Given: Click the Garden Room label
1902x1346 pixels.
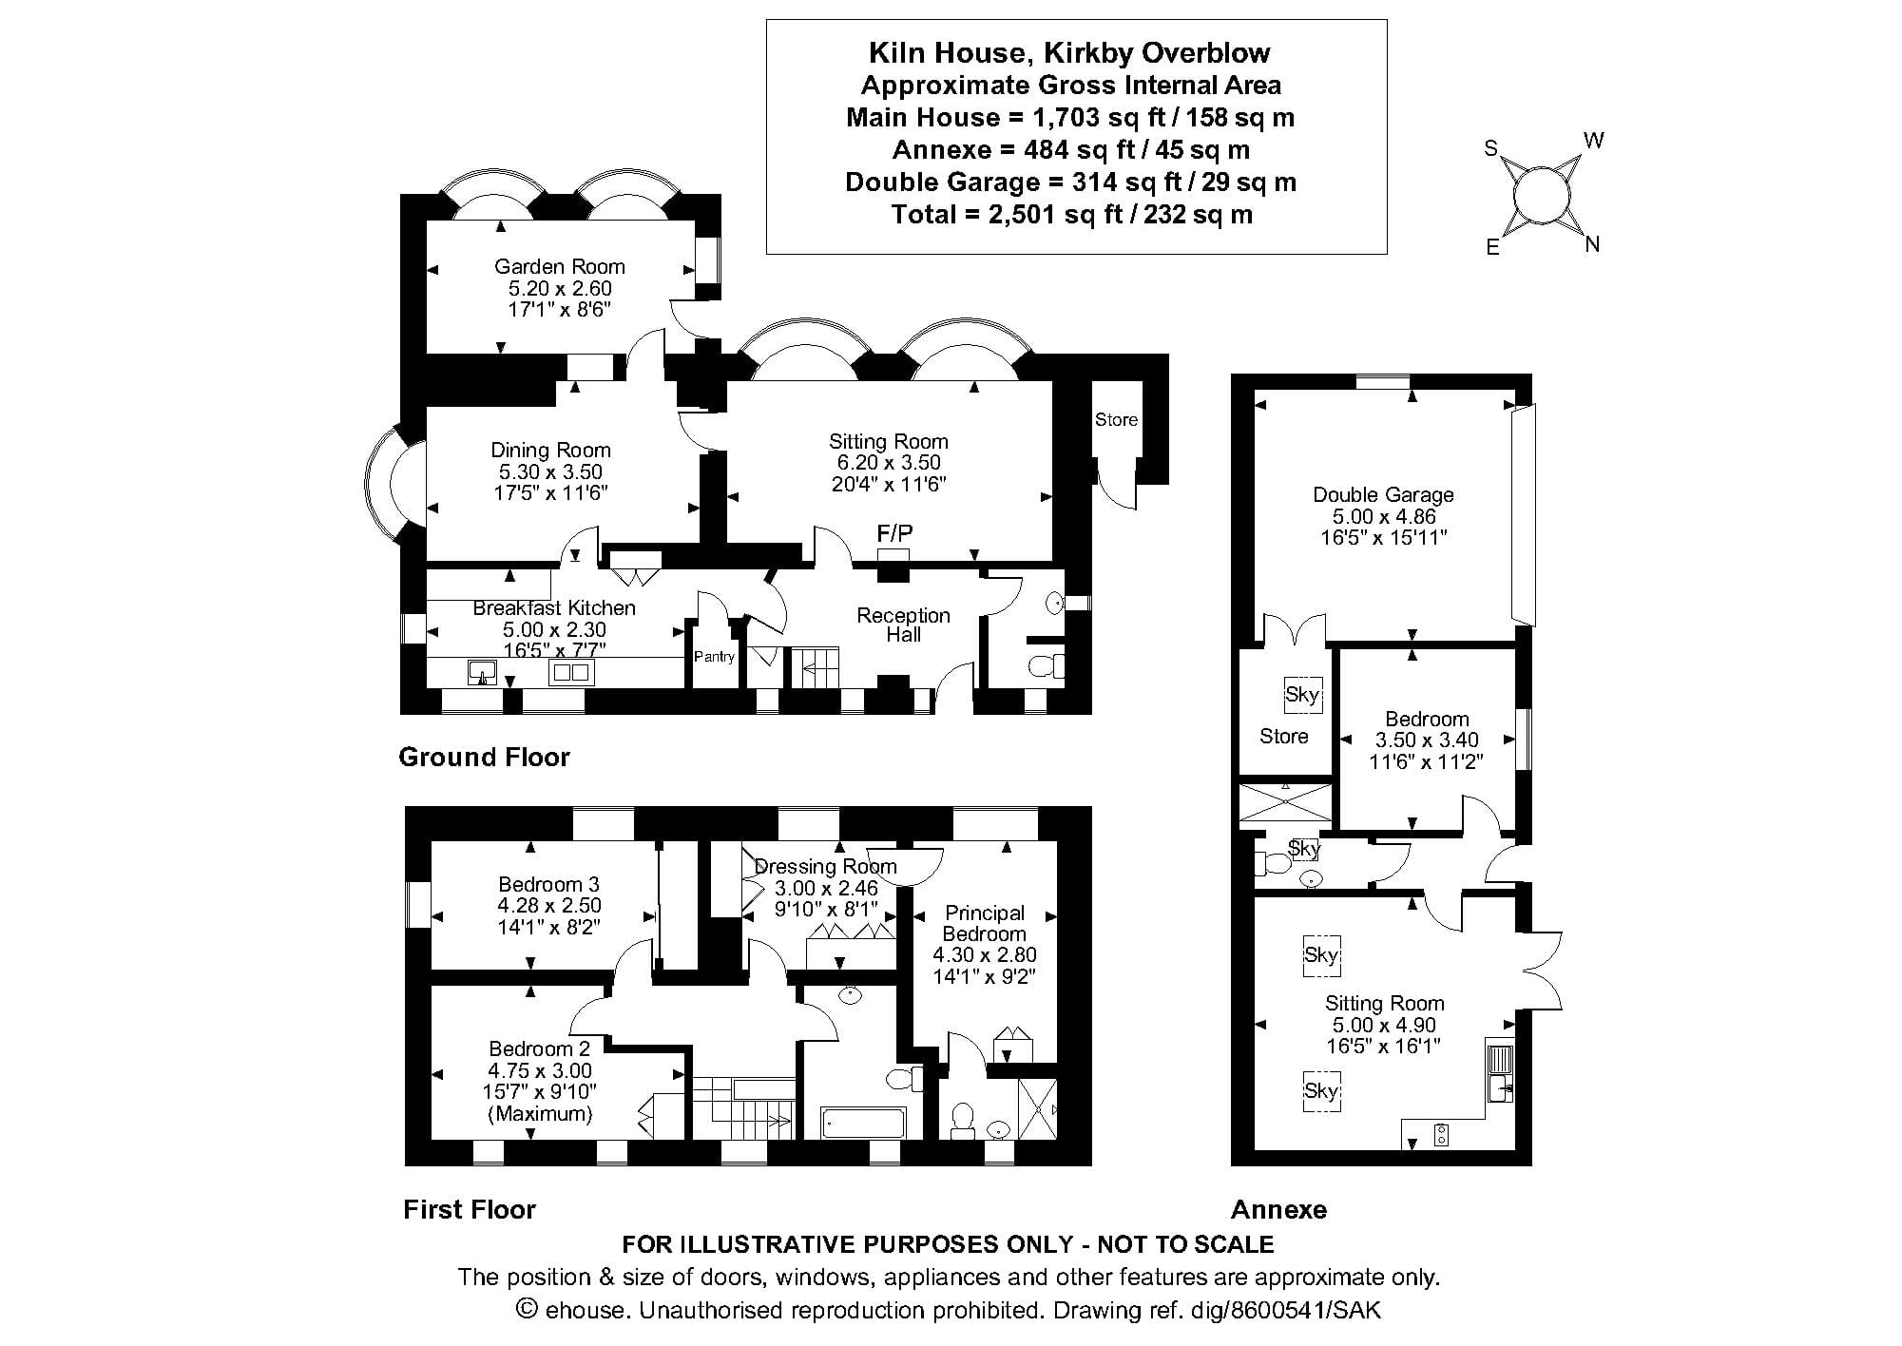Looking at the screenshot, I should [559, 266].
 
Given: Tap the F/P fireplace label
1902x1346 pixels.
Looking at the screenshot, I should [894, 533].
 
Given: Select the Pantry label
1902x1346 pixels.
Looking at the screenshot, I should [714, 657].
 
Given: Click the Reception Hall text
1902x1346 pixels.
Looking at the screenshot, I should [903, 625].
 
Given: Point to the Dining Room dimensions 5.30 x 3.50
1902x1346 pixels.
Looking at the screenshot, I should [550, 471].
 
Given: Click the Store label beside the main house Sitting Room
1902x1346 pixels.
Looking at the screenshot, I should [1116, 419].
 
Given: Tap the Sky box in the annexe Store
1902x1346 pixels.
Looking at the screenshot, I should [1301, 694].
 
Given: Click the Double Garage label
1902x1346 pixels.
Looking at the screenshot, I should [1383, 494].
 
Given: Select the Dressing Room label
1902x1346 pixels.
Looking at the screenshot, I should [825, 866].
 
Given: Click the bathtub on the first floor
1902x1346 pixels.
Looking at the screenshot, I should [863, 1123].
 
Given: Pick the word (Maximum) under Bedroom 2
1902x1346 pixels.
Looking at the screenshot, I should [540, 1113].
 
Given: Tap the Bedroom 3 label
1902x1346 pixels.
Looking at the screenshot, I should [548, 884].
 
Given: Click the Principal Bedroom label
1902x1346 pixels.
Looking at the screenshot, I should [984, 923].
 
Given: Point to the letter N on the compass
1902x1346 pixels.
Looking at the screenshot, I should [1593, 244].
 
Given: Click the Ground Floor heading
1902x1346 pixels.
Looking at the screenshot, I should [484, 757].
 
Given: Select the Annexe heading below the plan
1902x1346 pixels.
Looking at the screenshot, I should [1278, 1209].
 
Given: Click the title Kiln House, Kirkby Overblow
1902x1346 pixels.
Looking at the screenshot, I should [1069, 52].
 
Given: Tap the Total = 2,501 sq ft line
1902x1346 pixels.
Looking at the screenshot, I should [1071, 214].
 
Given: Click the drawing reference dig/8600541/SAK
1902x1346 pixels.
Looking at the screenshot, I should [1305, 1310].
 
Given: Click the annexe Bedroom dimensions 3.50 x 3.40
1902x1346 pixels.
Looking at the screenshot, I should [1426, 740].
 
